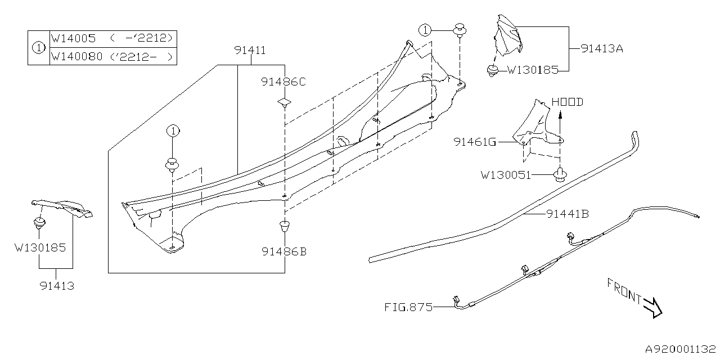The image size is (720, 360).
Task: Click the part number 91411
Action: [250, 51]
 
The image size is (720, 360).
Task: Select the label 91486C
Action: [283, 82]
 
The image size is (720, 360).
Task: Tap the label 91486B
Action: [283, 251]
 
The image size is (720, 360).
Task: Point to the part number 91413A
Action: [602, 48]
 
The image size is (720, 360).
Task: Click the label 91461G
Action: [475, 142]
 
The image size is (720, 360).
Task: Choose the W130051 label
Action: [506, 175]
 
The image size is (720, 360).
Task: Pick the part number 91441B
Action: [567, 214]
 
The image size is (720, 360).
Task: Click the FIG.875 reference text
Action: [409, 307]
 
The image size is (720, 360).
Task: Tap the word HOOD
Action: [567, 102]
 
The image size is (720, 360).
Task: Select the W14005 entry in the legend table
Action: [73, 39]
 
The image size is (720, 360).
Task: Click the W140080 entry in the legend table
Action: [76, 56]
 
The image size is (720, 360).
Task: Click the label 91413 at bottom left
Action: [57, 286]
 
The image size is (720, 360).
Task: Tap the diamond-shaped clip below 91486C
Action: [285, 103]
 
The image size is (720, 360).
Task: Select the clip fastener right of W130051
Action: [560, 175]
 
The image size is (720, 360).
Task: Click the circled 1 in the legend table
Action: [38, 48]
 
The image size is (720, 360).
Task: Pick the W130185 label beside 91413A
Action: [533, 70]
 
